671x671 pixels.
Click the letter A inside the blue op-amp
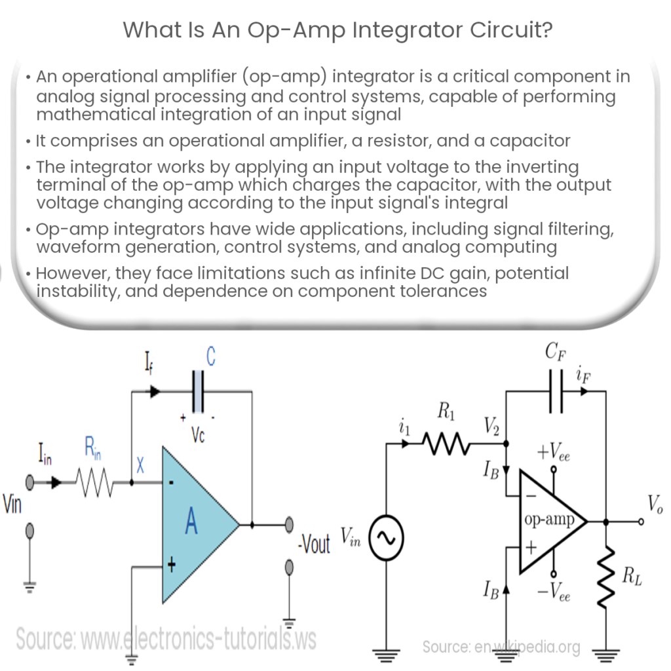(191, 522)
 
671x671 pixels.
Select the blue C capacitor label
(211, 358)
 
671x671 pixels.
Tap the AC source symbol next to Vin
(387, 539)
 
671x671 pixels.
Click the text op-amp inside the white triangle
(549, 520)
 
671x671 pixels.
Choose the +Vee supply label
(554, 452)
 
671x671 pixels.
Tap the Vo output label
(655, 504)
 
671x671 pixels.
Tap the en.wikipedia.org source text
(501, 647)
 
